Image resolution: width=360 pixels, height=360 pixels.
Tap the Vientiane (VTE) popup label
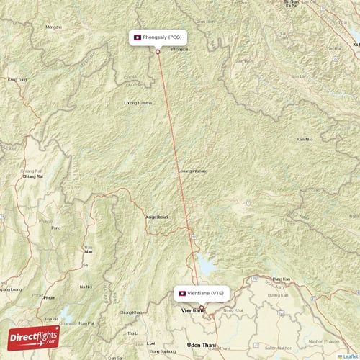pyautogui.click(x=202, y=293)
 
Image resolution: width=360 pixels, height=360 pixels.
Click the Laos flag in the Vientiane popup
pyautogui.click(x=182, y=293)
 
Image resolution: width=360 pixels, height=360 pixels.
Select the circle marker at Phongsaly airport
pyautogui.click(x=158, y=51)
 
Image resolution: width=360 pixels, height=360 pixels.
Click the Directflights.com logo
pyautogui.click(x=32, y=336)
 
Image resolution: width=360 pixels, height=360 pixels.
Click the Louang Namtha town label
pyautogui.click(x=138, y=103)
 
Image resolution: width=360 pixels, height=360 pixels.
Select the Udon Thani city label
pyautogui.click(x=202, y=346)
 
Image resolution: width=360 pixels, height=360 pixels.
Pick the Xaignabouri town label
pyautogui.click(x=158, y=216)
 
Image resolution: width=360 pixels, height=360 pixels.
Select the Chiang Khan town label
pyautogui.click(x=130, y=312)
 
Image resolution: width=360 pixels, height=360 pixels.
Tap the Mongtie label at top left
pyautogui.click(x=53, y=27)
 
